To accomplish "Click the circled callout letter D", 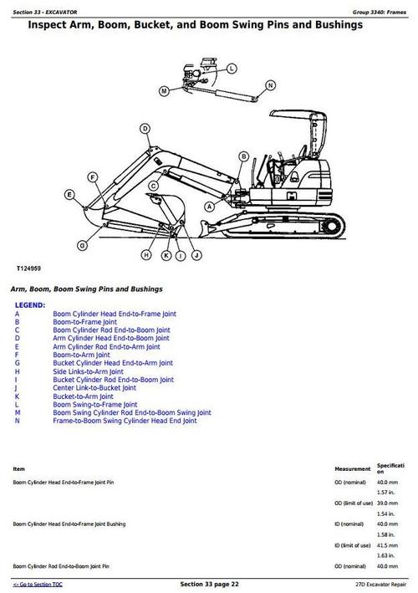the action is [145, 129].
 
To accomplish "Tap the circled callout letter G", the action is [82, 245].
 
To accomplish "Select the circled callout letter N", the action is [270, 85].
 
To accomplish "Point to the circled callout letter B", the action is [244, 156].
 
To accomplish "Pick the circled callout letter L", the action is [232, 69].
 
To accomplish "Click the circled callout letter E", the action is [69, 195].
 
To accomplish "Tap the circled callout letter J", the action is [196, 256].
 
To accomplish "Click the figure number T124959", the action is [28, 268].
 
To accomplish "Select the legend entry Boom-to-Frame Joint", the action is [84, 322].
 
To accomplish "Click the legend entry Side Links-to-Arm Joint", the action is [88, 371].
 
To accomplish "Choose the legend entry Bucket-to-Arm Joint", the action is [83, 396].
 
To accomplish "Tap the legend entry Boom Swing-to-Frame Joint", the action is [95, 404].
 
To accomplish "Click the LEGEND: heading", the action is [30, 305].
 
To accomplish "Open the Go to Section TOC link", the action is [38, 585].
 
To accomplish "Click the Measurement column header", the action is [353, 469].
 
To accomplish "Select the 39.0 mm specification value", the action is [387, 504].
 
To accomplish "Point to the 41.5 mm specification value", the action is [387, 545].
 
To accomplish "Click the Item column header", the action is [19, 469].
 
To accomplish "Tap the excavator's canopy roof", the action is [297, 115].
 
